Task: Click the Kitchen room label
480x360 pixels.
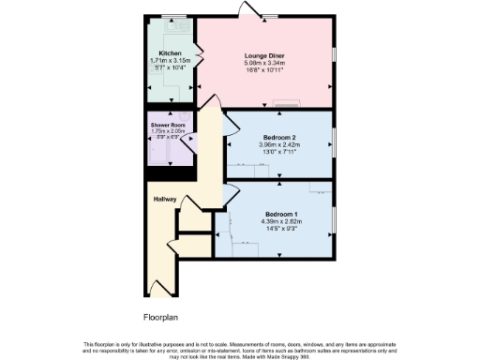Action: click(x=170, y=52)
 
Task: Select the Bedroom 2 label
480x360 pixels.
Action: click(x=278, y=138)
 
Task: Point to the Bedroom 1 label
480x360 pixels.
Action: click(x=278, y=214)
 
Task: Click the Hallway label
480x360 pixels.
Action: click(x=165, y=198)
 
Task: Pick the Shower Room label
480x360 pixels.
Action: click(x=170, y=125)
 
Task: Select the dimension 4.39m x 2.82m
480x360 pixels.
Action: click(x=278, y=221)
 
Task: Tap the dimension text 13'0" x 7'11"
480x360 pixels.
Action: click(x=278, y=153)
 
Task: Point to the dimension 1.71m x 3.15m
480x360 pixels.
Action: click(x=170, y=60)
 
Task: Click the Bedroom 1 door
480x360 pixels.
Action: click(x=228, y=195)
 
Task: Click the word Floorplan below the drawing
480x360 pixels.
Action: click(x=161, y=317)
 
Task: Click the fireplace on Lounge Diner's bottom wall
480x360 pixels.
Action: click(x=290, y=101)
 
